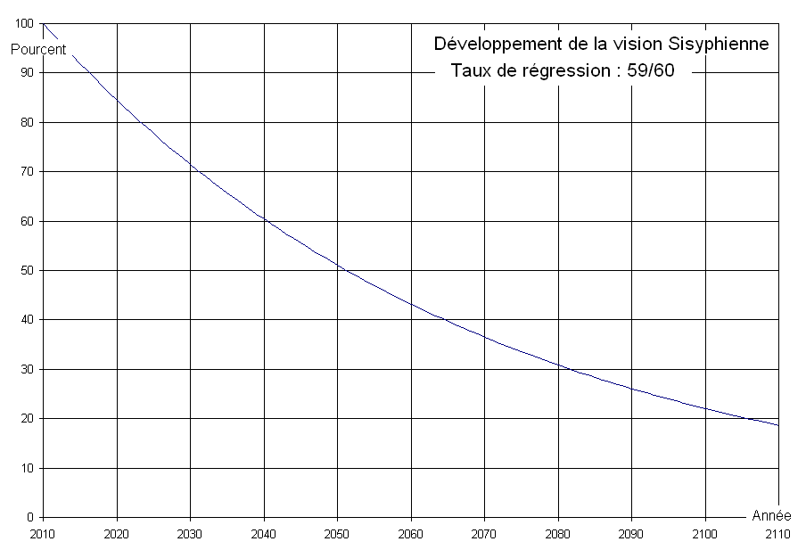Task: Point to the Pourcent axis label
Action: (38, 49)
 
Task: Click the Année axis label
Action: (770, 516)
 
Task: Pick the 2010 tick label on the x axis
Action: (43, 536)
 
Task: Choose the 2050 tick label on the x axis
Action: (337, 536)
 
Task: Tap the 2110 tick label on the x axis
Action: (778, 536)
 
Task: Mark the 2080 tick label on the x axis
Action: (558, 536)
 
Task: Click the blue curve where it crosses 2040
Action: (264, 218)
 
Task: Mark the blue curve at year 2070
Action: (484, 336)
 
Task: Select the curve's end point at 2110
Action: (778, 425)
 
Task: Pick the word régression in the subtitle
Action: (547, 71)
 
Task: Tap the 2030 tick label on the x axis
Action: (190, 536)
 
